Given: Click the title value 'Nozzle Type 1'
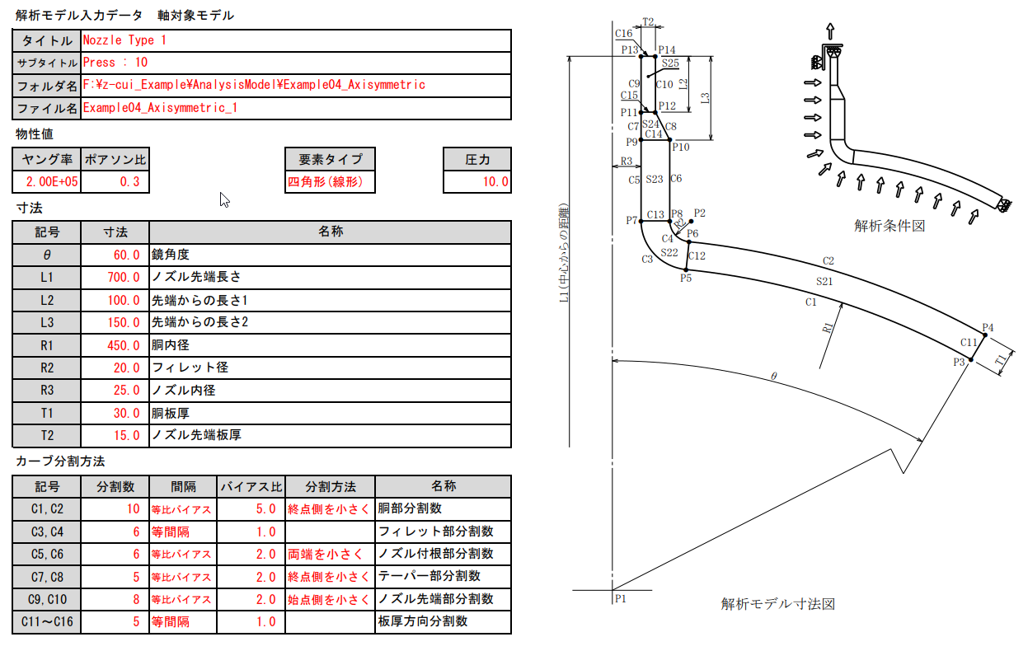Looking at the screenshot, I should point(124,40).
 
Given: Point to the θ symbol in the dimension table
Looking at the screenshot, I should point(47,255).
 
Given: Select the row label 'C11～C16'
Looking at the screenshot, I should point(47,621).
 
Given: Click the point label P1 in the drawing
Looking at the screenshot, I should point(620,599).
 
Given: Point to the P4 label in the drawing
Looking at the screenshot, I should point(988,328).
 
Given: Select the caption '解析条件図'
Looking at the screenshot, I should point(889,225).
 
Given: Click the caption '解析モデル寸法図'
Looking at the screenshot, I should point(777,604).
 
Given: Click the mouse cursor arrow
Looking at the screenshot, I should point(223,199).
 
